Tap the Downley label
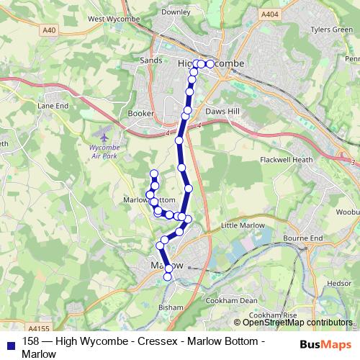point(176,12)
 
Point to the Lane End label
point(53,105)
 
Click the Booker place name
point(140,114)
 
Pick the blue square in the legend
point(10,343)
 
